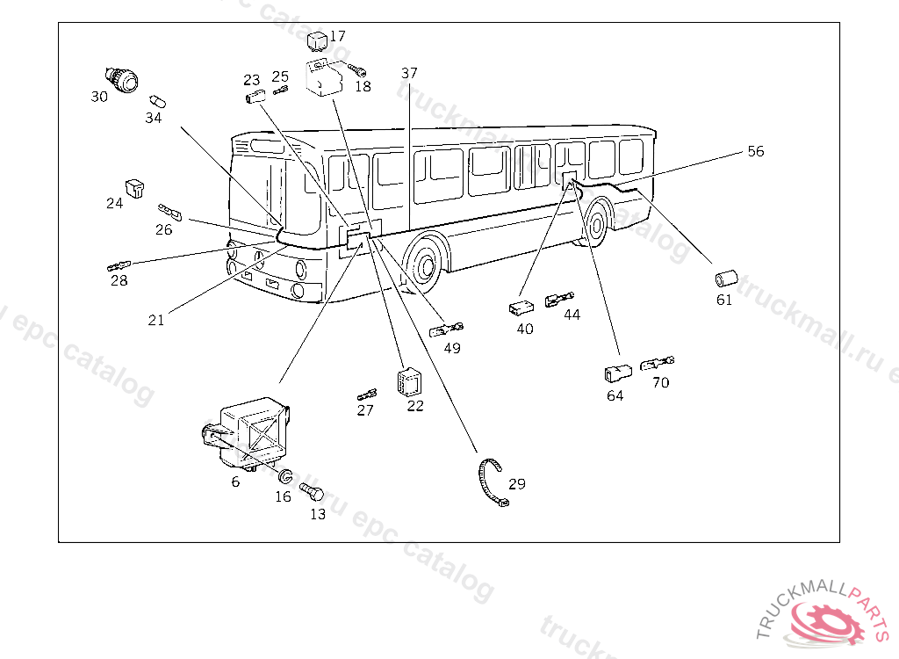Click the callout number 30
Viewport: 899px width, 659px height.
[99, 97]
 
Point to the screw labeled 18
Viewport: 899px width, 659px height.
[356, 69]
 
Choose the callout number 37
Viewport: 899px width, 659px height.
[409, 73]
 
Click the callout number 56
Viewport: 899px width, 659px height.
[755, 151]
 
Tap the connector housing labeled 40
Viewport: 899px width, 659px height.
[521, 308]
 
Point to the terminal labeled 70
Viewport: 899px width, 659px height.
[658, 363]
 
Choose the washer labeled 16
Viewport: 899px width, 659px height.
[284, 478]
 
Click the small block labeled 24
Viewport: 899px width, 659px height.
[135, 188]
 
